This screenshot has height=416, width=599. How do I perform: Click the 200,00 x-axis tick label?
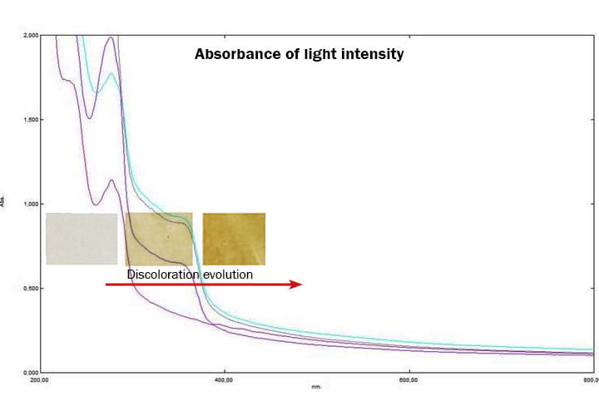coord(39,381)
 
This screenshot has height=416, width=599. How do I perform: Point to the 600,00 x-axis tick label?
coord(408,381)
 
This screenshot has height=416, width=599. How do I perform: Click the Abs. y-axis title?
coord(4,204)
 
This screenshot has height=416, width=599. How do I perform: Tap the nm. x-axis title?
coord(316,388)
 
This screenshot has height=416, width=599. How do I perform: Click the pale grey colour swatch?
coord(82,239)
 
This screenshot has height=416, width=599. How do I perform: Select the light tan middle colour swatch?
coord(158,239)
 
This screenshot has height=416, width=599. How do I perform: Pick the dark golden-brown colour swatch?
coord(234,239)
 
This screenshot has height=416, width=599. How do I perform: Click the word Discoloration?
coord(160,274)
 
